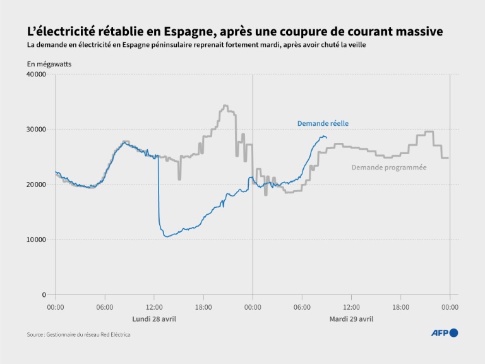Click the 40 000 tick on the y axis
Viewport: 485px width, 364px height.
(x=36, y=75)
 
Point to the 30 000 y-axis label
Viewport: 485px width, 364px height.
(x=36, y=130)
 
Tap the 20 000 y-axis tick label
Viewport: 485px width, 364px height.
(x=36, y=185)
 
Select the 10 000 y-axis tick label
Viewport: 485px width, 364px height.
(x=36, y=240)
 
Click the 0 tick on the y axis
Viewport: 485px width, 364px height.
(x=44, y=294)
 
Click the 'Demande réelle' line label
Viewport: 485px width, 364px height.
(x=323, y=123)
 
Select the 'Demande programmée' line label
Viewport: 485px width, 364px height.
(x=389, y=167)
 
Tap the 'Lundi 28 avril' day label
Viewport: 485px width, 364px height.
(x=154, y=318)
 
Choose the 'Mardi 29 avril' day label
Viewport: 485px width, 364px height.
(x=351, y=318)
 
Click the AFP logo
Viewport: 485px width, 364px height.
(x=445, y=333)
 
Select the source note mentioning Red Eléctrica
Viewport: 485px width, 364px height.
(x=78, y=334)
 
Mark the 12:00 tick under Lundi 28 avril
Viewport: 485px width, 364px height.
(x=154, y=307)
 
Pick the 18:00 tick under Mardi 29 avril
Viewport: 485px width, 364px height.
(x=400, y=307)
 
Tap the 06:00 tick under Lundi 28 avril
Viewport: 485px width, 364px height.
(x=105, y=307)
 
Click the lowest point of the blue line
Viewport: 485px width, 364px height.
(x=166, y=236)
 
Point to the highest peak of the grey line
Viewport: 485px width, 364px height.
(x=225, y=106)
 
